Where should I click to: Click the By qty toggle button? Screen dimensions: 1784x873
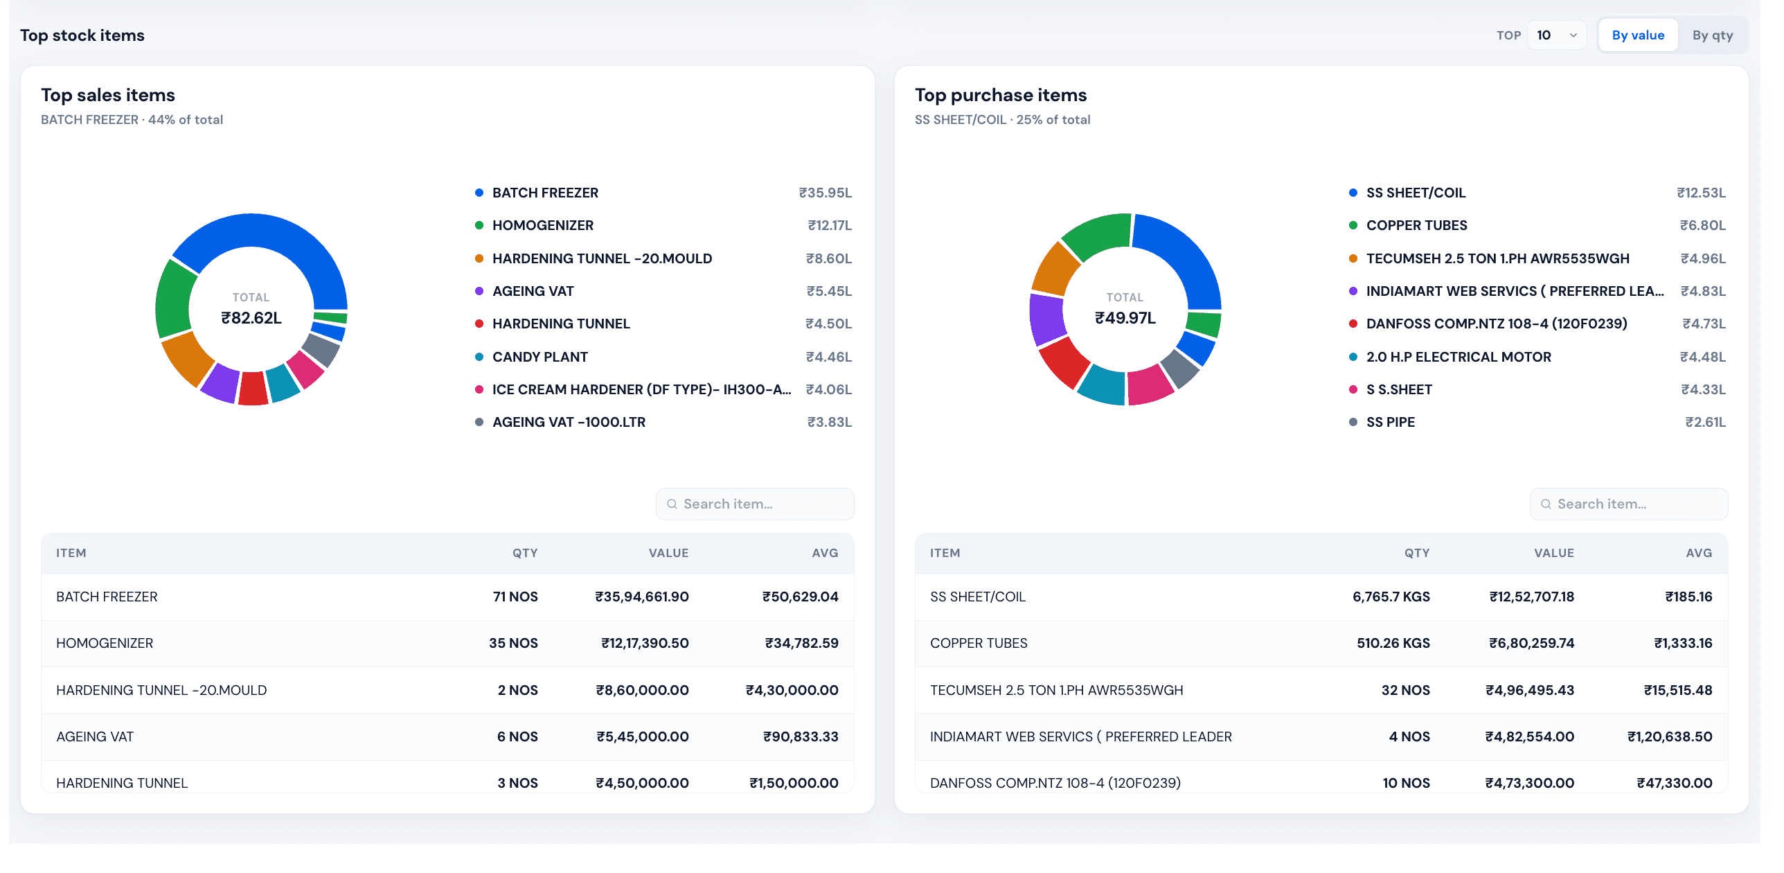pos(1712,35)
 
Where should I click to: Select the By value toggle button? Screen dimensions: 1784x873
pos(1638,35)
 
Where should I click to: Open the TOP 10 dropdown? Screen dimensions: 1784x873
pos(1556,35)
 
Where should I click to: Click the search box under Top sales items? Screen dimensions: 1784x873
pos(755,504)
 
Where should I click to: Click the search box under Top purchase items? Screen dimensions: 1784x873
pos(1629,504)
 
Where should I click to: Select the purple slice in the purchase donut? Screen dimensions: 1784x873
pos(1045,318)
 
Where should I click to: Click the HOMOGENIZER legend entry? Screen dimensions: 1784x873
pos(542,225)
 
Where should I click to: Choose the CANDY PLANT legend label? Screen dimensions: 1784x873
pos(540,357)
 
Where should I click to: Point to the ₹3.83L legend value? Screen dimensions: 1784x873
pos(829,422)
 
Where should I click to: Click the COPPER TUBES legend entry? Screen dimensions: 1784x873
pos(1416,225)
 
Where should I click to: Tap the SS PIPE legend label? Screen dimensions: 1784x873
pos(1391,422)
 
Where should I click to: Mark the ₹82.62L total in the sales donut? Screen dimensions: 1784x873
pos(251,318)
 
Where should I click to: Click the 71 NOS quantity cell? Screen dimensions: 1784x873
pos(515,597)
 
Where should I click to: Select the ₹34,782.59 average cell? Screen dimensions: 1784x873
pos(801,643)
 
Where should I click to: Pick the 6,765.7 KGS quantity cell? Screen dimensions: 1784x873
pos(1391,597)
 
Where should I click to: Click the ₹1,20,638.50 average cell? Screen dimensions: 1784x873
pos(1670,737)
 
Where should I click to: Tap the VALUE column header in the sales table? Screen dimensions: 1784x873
pos(668,553)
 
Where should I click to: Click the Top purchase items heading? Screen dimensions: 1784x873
pos(1001,95)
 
